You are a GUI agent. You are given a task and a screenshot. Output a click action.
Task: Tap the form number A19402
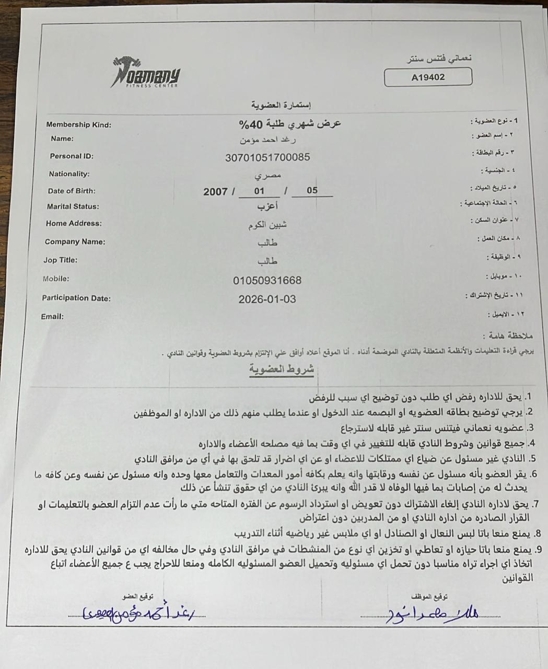pos(428,77)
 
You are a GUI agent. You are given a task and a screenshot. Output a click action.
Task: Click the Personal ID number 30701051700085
pos(267,157)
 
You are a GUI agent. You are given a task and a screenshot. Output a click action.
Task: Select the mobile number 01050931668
pos(267,281)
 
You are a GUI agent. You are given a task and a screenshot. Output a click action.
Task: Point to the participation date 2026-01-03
pos(267,299)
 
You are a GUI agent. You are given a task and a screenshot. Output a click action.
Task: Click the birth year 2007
pos(215,192)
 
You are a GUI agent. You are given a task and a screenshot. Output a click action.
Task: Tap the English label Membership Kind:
pos(78,125)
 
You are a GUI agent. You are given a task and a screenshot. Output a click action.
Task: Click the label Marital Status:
pos(73,206)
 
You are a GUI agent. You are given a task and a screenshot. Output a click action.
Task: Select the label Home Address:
pos(74,224)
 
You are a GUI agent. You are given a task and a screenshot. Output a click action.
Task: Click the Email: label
pos(52,317)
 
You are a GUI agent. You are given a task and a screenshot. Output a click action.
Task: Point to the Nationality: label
pos(69,174)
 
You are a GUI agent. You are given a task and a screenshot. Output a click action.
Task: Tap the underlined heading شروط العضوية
pos(282,370)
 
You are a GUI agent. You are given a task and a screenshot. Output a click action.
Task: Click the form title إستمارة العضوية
pos(281,105)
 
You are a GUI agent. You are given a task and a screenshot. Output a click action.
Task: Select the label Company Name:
pos(75,242)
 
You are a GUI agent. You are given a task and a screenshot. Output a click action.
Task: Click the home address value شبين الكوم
pos(267,225)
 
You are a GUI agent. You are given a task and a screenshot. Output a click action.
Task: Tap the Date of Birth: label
pos(72,191)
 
